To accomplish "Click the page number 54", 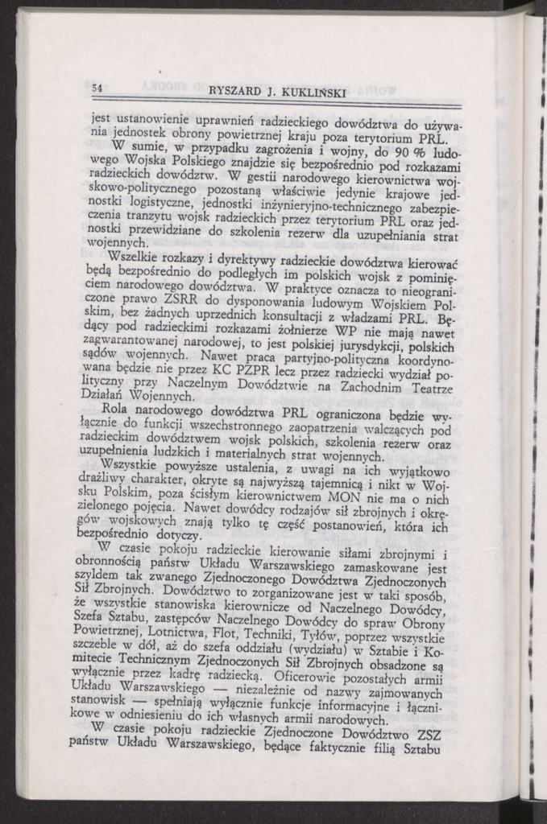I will [97, 87].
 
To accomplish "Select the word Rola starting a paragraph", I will [118, 410].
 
